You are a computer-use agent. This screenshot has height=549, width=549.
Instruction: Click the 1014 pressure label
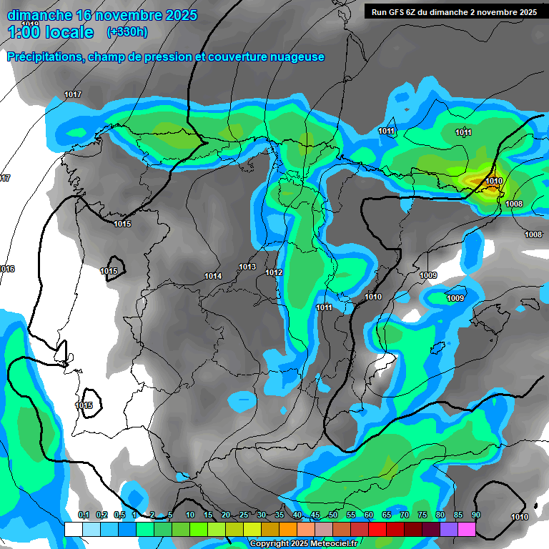(213, 276)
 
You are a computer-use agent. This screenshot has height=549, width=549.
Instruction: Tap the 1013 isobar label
(247, 267)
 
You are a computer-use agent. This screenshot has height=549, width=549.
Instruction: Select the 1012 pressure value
(274, 272)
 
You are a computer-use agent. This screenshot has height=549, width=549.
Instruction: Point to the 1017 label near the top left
(73, 95)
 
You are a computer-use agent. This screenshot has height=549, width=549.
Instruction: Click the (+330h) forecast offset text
(127, 31)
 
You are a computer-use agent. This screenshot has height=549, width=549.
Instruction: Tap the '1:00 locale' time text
(50, 32)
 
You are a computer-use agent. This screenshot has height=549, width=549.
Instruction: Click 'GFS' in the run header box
(400, 11)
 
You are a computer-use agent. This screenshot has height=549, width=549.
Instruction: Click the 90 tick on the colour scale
(475, 515)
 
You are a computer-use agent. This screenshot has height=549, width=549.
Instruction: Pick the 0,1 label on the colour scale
(83, 515)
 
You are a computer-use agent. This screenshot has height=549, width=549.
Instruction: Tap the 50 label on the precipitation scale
(333, 515)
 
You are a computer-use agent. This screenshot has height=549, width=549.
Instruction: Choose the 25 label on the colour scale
(244, 515)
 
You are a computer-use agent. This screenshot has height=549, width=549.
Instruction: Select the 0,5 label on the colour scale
(119, 515)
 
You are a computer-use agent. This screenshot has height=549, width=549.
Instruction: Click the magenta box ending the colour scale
(466, 530)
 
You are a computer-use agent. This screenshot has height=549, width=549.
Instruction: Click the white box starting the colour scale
(73, 530)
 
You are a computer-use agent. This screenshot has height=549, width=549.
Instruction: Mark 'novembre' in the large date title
(128, 14)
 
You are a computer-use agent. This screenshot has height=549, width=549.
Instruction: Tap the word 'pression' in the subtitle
(172, 57)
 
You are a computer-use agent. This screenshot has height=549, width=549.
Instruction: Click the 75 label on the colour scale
(422, 515)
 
